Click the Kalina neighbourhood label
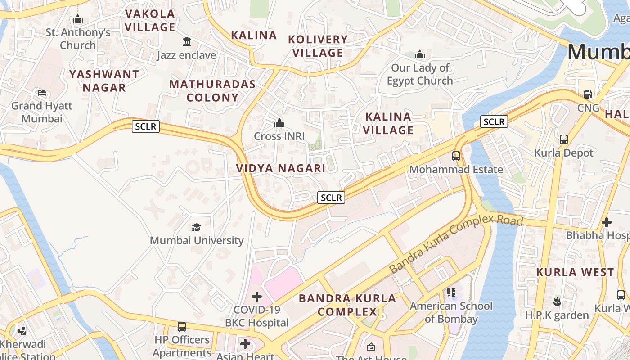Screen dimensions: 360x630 (254, 36)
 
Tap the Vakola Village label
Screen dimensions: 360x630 (150, 21)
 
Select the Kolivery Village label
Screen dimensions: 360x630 (318, 46)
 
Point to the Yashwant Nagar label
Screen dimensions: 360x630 (104, 81)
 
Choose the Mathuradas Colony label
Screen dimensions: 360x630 (212, 91)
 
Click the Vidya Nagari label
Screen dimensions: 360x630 (281, 168)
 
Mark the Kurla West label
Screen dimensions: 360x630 (575, 272)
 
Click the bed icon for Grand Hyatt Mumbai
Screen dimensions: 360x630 (42, 93)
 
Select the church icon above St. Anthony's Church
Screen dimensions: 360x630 (78, 19)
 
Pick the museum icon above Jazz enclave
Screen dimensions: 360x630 (186, 42)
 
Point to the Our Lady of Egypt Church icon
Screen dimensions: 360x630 (420, 55)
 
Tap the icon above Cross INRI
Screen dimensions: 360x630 (279, 123)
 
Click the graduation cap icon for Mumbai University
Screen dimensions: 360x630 (196, 227)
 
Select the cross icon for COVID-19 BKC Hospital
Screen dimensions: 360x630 (257, 297)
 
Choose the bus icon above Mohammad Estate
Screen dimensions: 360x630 (456, 156)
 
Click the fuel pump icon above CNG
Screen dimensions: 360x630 (588, 94)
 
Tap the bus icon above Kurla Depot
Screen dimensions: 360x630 (564, 139)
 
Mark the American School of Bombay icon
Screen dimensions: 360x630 (451, 292)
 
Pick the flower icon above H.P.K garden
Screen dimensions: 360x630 (557, 302)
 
